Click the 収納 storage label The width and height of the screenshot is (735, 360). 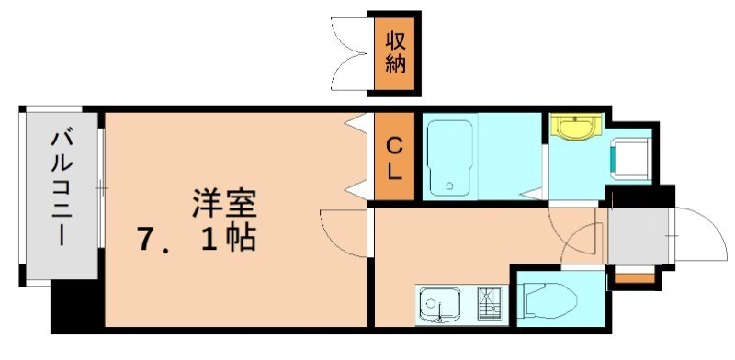tap(396, 53)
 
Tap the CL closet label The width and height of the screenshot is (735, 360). tap(393, 158)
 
